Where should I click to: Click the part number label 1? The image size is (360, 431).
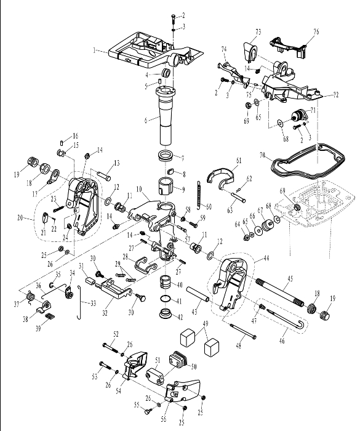(x=94, y=50)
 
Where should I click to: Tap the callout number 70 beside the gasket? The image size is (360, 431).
(x=263, y=155)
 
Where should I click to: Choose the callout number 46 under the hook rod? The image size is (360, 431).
(x=282, y=340)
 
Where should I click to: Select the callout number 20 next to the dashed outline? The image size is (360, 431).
(x=20, y=218)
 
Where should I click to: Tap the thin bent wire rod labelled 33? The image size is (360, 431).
(x=80, y=302)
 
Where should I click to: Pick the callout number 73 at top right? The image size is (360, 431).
(x=258, y=32)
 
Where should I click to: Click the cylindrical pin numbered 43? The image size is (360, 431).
(x=198, y=294)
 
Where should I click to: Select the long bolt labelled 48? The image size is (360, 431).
(x=243, y=331)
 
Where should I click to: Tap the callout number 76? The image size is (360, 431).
(x=316, y=31)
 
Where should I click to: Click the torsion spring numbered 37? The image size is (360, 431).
(x=30, y=297)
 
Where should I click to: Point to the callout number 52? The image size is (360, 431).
(x=116, y=334)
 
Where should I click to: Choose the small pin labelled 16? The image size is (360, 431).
(x=62, y=142)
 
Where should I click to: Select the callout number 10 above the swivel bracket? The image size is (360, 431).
(x=139, y=189)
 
